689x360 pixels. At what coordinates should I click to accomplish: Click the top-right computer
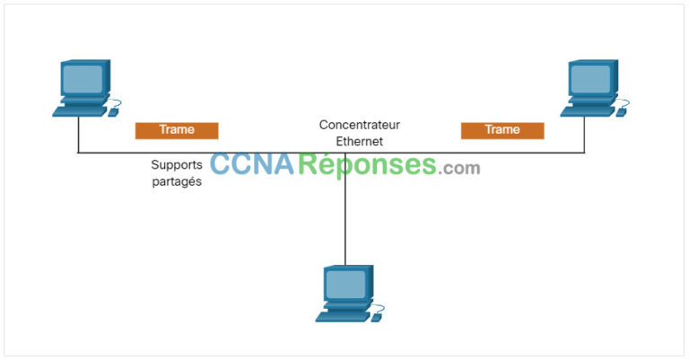(x=593, y=88)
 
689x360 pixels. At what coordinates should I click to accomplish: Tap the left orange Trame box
(x=177, y=130)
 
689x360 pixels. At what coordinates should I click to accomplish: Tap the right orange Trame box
(x=502, y=130)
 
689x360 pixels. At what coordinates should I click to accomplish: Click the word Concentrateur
(x=360, y=125)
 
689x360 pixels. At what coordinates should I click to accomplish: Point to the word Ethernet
(x=359, y=141)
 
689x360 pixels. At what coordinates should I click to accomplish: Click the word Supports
(x=177, y=165)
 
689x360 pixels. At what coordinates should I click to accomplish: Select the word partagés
(x=177, y=181)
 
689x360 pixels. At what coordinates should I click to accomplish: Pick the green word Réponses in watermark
(x=368, y=165)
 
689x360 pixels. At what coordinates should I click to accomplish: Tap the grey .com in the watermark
(x=460, y=168)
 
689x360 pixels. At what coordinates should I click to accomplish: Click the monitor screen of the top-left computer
(x=82, y=79)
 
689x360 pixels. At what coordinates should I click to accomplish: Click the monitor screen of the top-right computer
(x=589, y=79)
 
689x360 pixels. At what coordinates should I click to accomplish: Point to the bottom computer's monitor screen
(x=344, y=285)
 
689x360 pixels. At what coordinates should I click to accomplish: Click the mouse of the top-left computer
(x=114, y=112)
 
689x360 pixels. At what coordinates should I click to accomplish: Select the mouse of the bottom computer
(x=378, y=317)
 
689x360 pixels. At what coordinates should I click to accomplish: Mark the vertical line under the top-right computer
(x=585, y=135)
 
